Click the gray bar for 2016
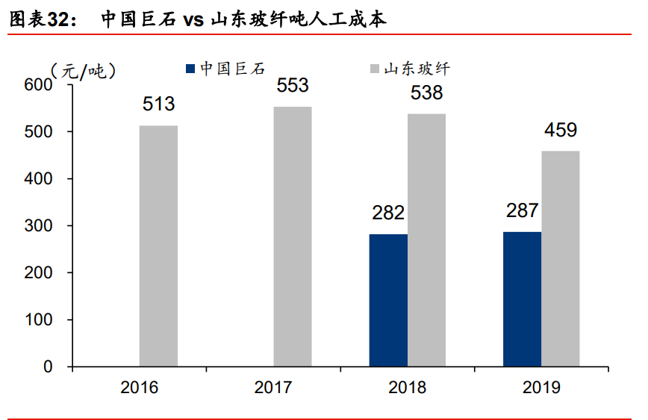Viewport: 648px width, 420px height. coord(159,246)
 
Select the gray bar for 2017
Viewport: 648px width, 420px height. coord(293,236)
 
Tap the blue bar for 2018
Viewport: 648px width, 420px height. coord(388,300)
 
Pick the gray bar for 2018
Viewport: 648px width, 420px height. coord(426,240)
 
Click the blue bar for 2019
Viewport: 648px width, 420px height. coord(522,299)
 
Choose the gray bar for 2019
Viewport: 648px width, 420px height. coord(561,259)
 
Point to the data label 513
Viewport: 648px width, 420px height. coord(159,104)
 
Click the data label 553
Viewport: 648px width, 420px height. coord(293,86)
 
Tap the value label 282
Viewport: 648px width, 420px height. coord(388,213)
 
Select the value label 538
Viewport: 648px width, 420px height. coord(426,93)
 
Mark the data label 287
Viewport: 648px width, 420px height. coord(522,210)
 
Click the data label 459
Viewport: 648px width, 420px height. coord(561,131)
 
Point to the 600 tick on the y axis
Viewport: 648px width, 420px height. coord(38,85)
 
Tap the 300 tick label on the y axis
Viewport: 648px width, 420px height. coord(38,226)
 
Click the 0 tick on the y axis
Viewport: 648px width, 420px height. coord(48,367)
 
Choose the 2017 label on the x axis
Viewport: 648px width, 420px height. coord(273,388)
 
